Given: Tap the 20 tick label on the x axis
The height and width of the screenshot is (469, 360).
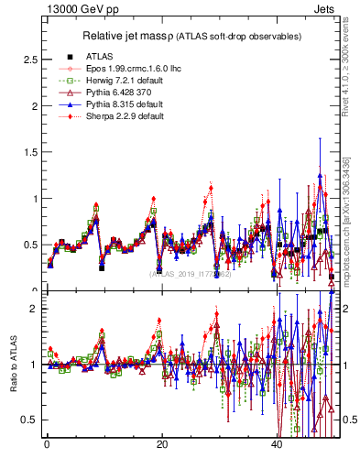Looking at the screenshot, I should pos(162,445).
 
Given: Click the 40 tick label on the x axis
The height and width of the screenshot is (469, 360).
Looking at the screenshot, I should pos(277,445).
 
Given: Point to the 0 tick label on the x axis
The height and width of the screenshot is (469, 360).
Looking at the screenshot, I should pos(47,445).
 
